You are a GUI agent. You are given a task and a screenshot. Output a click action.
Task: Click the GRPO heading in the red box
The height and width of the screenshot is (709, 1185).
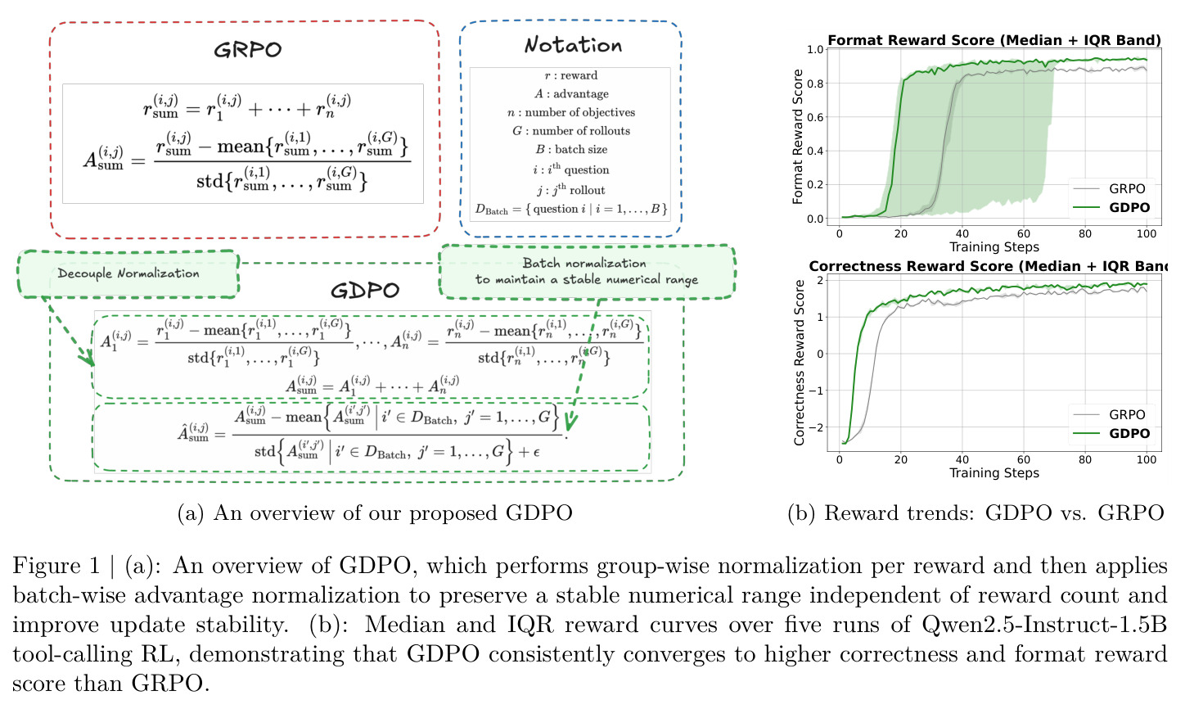pyautogui.click(x=248, y=50)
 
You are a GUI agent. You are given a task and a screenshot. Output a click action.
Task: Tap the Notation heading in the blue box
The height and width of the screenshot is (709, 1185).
pyautogui.click(x=573, y=46)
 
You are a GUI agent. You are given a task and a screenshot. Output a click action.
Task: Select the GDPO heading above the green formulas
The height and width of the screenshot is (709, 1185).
pyautogui.click(x=365, y=291)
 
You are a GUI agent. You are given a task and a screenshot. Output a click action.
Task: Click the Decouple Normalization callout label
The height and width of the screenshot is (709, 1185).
pyautogui.click(x=128, y=273)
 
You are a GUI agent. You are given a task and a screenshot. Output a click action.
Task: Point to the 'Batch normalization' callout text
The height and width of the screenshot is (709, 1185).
pyautogui.click(x=584, y=263)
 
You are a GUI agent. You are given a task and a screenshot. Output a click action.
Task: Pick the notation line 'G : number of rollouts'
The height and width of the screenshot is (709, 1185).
pyautogui.click(x=570, y=131)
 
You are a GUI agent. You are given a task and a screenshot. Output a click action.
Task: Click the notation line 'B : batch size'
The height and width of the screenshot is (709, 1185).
pyautogui.click(x=571, y=149)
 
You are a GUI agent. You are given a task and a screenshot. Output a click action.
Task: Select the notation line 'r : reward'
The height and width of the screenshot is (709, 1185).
pyautogui.click(x=570, y=75)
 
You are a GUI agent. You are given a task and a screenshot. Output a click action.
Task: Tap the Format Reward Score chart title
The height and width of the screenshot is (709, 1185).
pyautogui.click(x=994, y=40)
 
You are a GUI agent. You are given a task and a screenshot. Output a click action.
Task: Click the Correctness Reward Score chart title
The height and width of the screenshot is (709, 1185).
pyautogui.click(x=988, y=265)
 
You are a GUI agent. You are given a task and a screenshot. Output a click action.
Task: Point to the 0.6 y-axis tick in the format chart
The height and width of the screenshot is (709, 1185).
pyautogui.click(x=815, y=117)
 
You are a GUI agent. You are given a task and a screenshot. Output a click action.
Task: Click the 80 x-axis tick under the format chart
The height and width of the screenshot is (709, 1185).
pyautogui.click(x=1085, y=234)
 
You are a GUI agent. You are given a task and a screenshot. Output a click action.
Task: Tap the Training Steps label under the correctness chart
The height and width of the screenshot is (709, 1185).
pyautogui.click(x=994, y=472)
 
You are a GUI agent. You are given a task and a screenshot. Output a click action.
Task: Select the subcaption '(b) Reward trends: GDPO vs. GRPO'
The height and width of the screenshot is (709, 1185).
pyautogui.click(x=976, y=513)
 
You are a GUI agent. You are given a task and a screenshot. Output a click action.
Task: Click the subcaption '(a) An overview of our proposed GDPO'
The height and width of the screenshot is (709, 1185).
pyautogui.click(x=375, y=513)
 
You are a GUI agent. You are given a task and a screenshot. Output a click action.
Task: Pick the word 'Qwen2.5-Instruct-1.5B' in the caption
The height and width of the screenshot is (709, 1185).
pyautogui.click(x=1044, y=625)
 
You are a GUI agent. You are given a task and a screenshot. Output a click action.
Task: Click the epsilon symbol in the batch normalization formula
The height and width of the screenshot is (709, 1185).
pyautogui.click(x=536, y=452)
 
